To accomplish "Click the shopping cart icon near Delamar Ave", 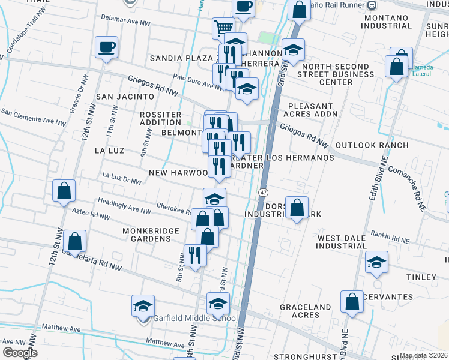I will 223,27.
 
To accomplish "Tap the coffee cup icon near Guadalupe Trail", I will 106,47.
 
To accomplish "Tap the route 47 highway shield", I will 263,192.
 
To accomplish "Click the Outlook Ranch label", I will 372,145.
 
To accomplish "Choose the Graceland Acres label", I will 305,311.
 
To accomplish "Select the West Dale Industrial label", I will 342,242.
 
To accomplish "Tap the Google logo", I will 19,352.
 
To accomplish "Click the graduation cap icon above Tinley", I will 376,262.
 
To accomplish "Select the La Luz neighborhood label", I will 109,150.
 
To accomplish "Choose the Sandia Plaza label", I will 178,58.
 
